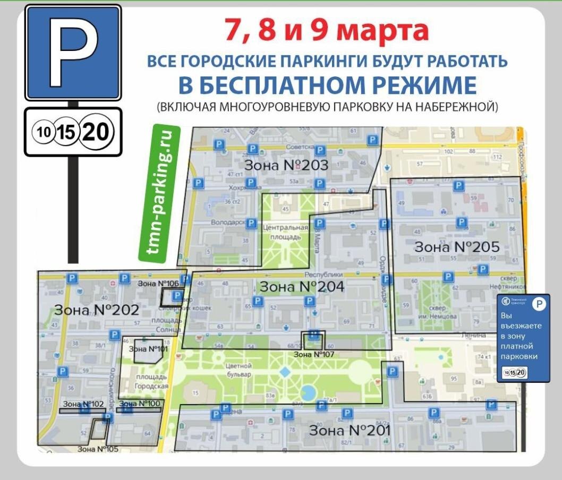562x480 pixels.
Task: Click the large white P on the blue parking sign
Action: click(73, 52)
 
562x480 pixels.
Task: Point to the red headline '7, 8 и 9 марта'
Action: click(326, 30)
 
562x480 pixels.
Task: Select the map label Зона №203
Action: click(286, 165)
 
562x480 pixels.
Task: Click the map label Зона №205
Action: click(457, 247)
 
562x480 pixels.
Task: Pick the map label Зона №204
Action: click(302, 287)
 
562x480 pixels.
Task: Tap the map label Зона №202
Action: click(96, 310)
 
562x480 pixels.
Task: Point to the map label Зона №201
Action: click(350, 430)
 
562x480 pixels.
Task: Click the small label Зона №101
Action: click(148, 349)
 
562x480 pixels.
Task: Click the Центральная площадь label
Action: click(286, 232)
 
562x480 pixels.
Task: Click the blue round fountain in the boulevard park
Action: click(307, 393)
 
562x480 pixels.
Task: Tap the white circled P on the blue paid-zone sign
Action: click(539, 304)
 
